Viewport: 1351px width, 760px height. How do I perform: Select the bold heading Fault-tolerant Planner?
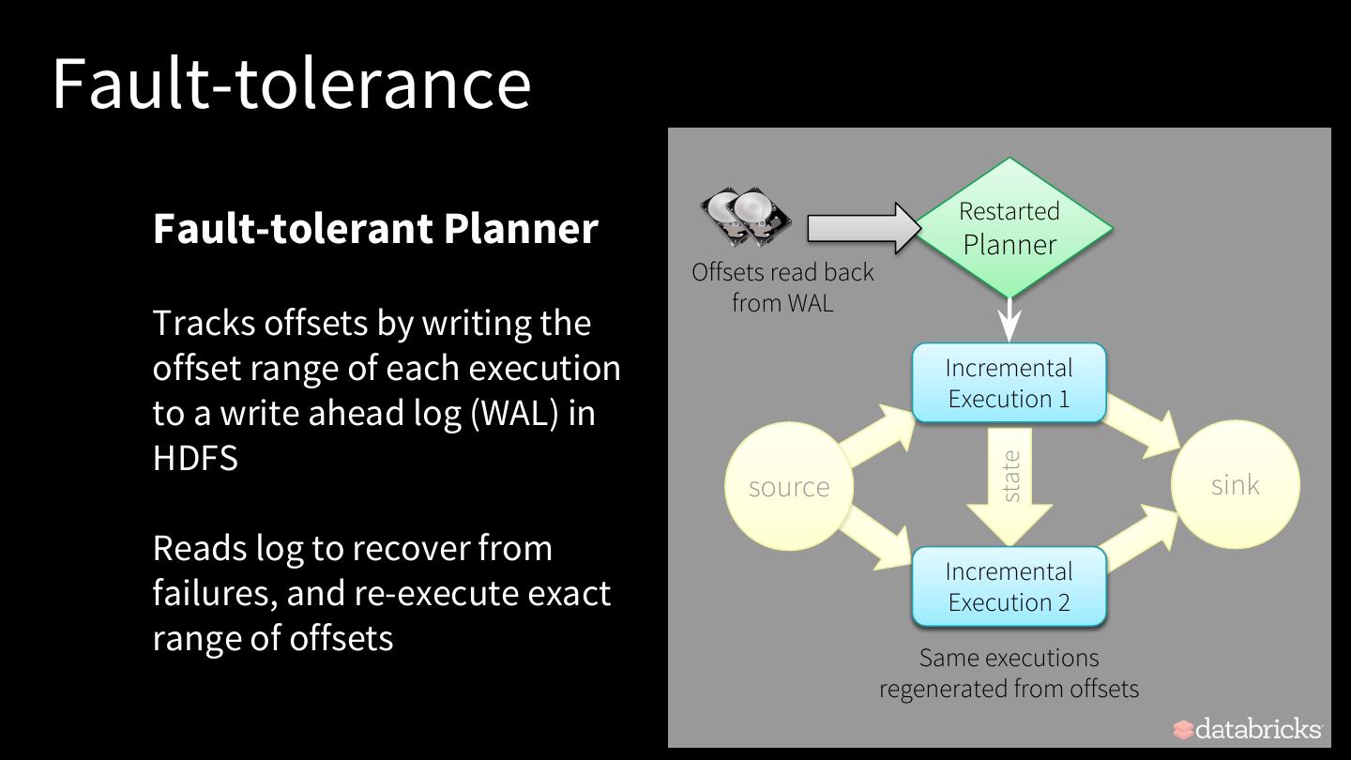pyautogui.click(x=375, y=228)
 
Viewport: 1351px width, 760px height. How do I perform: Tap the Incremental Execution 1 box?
pyautogui.click(x=1009, y=383)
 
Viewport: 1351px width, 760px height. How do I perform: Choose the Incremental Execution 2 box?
pyautogui.click(x=1009, y=586)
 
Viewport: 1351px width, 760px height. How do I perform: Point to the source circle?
pyautogui.click(x=789, y=486)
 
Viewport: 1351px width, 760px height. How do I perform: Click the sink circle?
pyautogui.click(x=1236, y=484)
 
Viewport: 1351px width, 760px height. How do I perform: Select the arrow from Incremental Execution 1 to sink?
pyautogui.click(x=1142, y=427)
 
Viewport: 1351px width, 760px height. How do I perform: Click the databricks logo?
pyautogui.click(x=1247, y=729)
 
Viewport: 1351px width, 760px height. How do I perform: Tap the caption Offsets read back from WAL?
pyautogui.click(x=782, y=287)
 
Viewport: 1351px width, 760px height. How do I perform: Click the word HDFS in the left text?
pyautogui.click(x=195, y=458)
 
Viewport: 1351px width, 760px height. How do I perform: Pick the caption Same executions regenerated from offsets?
pyautogui.click(x=1009, y=673)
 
